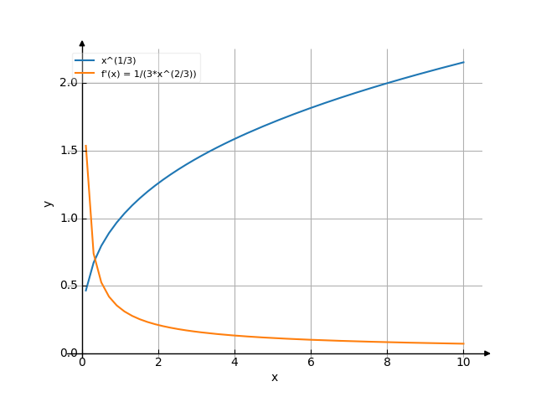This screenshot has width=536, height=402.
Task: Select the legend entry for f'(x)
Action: coord(148,74)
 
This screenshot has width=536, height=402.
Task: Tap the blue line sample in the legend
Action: coord(85,61)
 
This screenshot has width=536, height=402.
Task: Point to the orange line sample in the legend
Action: coord(85,74)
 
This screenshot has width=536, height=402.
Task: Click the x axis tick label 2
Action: coord(158,363)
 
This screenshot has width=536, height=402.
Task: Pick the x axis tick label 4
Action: coord(234,363)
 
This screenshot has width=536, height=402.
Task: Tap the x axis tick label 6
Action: coord(311,363)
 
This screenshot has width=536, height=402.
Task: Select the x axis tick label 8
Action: coord(387,363)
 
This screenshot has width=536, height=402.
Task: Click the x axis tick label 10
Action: coord(463,363)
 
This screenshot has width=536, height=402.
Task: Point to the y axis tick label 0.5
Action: coord(68,286)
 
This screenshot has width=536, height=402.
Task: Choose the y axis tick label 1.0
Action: coord(68,218)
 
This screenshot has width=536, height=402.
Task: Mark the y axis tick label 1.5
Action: coord(68,151)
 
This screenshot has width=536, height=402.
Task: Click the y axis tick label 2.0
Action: coord(68,83)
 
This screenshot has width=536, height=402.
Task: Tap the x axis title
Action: coord(274,378)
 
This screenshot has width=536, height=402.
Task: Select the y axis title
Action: coord(48,204)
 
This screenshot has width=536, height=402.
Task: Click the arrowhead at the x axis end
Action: coord(487,353)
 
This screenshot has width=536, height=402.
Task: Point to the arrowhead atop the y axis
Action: coord(82,42)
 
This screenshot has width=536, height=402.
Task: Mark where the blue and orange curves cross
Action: coord(95,260)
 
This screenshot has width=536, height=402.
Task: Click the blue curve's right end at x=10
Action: coord(463,62)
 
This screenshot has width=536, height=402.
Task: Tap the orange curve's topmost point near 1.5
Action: coord(85,146)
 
